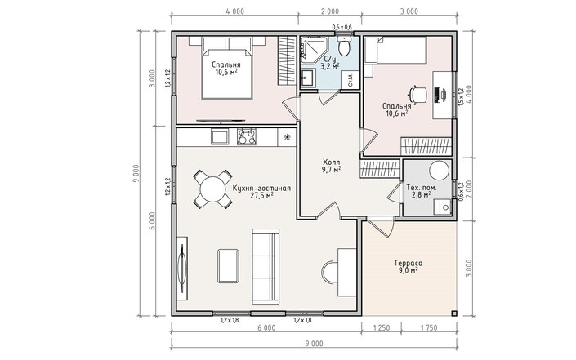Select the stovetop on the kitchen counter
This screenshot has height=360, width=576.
(x=247, y=137)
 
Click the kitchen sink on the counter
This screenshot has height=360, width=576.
(x=220, y=137)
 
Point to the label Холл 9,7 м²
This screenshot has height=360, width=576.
(x=332, y=166)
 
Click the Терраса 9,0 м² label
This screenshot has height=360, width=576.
(x=409, y=267)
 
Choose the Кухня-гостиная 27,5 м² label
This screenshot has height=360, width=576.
(x=261, y=192)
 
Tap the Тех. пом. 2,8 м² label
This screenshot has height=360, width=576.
(x=422, y=191)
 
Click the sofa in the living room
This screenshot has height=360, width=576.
(x=266, y=267)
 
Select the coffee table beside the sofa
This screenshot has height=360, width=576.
(x=228, y=266)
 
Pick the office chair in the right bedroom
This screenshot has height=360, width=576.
(x=419, y=95)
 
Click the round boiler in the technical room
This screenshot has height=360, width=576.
(x=440, y=171)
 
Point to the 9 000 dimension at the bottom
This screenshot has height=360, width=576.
(x=314, y=344)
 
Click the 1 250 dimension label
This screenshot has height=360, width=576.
(x=382, y=327)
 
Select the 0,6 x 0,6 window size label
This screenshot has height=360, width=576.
(x=342, y=27)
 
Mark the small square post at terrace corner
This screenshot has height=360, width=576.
(x=454, y=313)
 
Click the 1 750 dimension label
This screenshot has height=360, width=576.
(x=428, y=327)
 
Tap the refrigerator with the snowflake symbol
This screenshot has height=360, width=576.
(x=288, y=137)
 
